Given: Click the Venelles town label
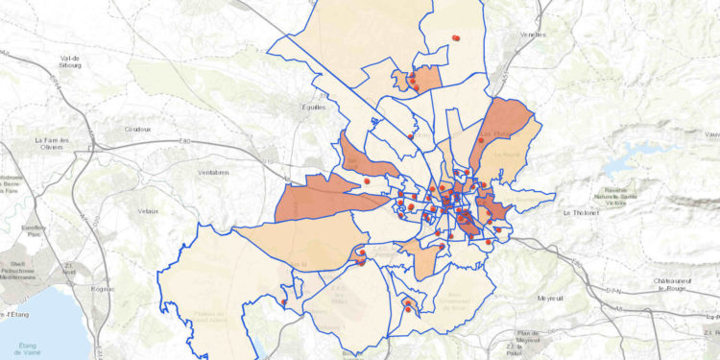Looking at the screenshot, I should point(532,34).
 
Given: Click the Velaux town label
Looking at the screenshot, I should point(148,210).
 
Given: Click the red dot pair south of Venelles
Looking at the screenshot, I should point(456,38).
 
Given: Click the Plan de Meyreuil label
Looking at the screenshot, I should point(528,337).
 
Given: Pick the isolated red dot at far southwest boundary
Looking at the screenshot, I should point(284,302).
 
